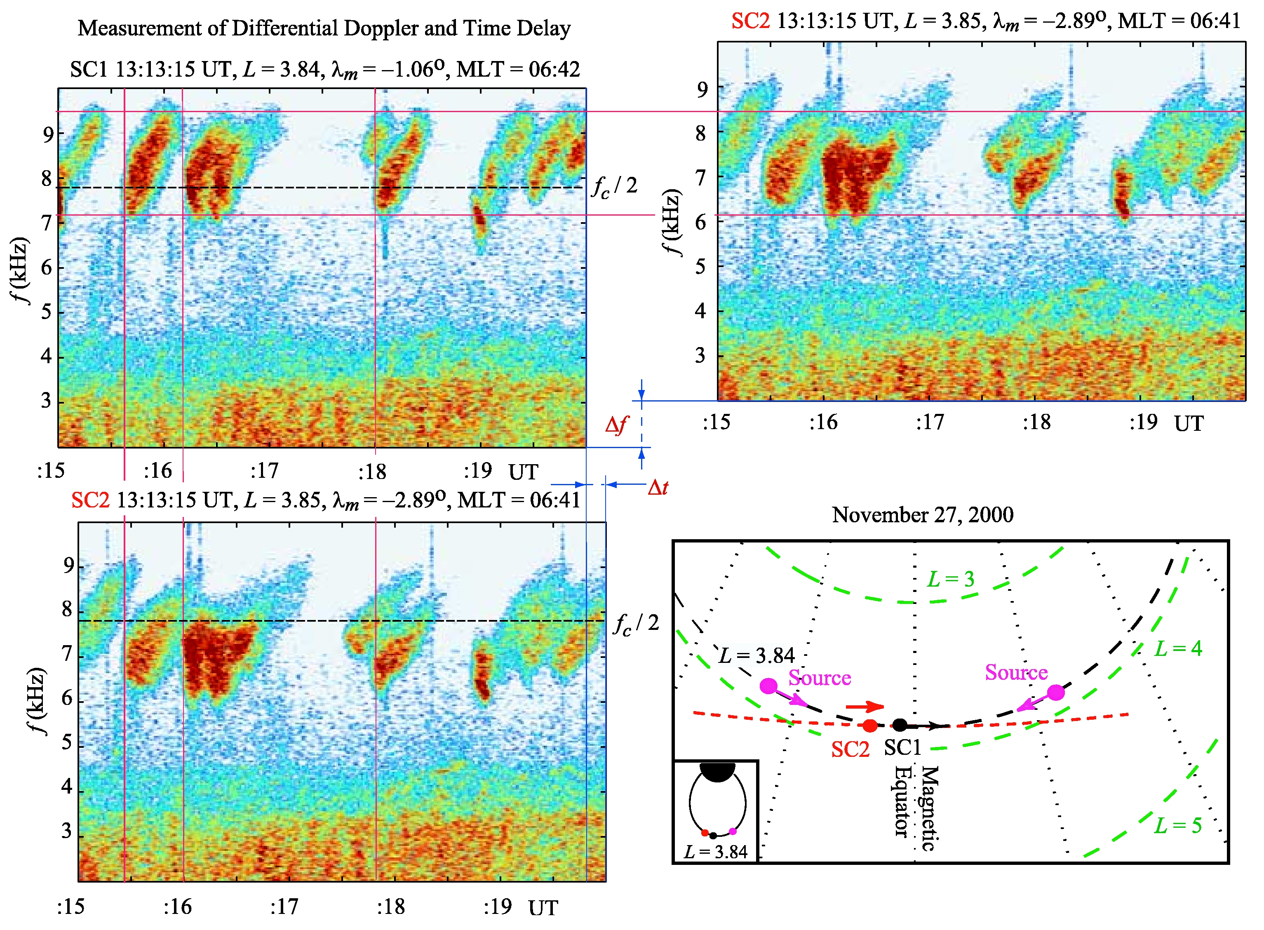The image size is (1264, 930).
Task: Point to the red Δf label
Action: tap(616, 425)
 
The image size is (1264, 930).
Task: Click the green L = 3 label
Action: tap(950, 579)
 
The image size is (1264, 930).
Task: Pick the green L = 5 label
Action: tap(1178, 825)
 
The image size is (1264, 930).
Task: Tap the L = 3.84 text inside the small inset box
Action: tap(716, 852)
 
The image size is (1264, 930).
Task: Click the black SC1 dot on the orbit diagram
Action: tap(900, 725)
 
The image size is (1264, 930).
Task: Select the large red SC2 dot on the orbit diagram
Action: tap(870, 726)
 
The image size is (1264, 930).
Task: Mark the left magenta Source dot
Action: tap(768, 686)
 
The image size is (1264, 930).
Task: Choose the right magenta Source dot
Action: tap(1056, 693)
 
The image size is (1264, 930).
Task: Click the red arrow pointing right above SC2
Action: tap(865, 707)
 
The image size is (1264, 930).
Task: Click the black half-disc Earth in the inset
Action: tap(717, 772)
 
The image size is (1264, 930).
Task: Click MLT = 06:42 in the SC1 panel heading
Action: tap(518, 69)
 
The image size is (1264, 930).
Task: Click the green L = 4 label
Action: tap(1178, 648)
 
